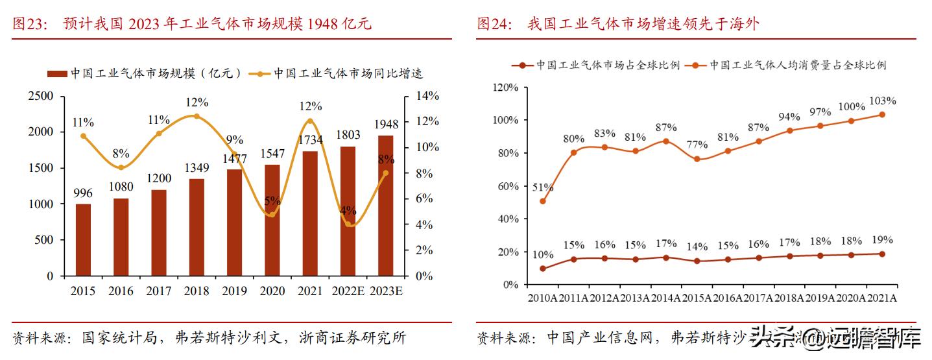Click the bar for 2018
[197, 227]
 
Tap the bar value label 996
[83, 193]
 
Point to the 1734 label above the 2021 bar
[309, 139]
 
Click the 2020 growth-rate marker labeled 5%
[272, 214]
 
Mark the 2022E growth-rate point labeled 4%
[348, 224]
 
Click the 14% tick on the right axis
[427, 96]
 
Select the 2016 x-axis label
[121, 292]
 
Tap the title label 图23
[27, 25]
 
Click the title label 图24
[492, 25]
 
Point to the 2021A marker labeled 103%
[881, 115]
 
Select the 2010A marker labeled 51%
[543, 201]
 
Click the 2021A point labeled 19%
[881, 254]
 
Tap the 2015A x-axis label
[696, 298]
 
